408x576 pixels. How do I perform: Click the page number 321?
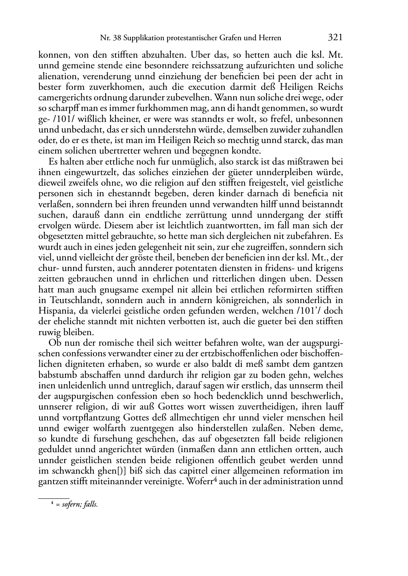coord(334,38)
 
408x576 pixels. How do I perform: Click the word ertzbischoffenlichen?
coord(230,353)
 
